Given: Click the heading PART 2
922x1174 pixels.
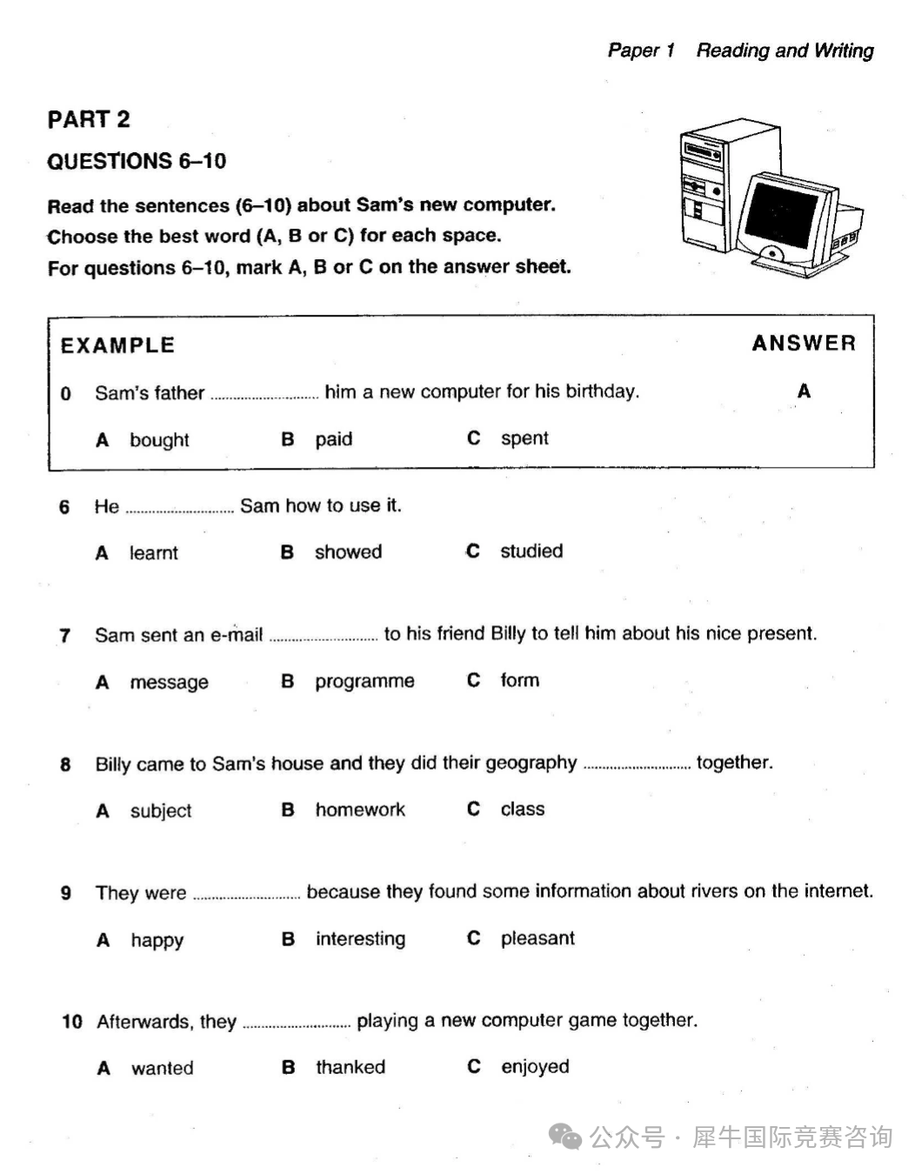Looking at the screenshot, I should tap(89, 119).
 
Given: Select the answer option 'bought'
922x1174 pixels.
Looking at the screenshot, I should tap(159, 440).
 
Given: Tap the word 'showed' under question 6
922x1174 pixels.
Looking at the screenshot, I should tap(348, 552).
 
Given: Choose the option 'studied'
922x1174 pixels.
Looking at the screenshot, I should tap(531, 551).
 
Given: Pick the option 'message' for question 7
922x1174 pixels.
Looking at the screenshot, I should tap(169, 683).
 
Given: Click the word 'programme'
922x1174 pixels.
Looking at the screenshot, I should tap(364, 682).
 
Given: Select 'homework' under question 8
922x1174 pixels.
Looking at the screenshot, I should tap(360, 810).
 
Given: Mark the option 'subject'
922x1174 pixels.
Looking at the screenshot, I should tap(161, 811).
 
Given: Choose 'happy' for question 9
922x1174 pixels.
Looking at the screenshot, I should tap(157, 940).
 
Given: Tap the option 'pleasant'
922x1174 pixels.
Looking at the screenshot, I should tap(538, 938).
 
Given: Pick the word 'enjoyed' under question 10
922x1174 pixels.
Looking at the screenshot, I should tap(535, 1067).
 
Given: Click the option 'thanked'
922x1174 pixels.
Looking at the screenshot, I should tap(351, 1068).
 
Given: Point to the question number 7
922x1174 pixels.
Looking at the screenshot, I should tap(64, 636).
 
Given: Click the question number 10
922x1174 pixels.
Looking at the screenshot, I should tap(71, 1022).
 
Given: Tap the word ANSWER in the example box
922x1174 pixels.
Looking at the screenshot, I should tap(804, 344).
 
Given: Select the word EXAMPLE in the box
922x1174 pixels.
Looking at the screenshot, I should tap(117, 345).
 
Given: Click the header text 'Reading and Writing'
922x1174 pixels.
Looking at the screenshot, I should tap(785, 50).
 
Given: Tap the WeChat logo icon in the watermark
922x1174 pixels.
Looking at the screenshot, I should tap(566, 1137).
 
